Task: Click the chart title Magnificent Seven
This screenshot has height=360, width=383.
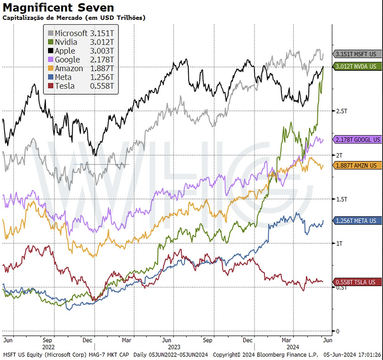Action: pos(58,7)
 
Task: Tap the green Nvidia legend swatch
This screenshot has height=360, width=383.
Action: pos(50,42)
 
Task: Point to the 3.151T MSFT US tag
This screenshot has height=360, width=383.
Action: pos(357,54)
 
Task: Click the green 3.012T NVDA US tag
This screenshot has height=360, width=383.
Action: pos(357,66)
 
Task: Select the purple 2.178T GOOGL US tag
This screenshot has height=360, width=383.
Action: pos(357,140)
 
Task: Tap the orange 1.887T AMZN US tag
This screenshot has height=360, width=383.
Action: pos(357,166)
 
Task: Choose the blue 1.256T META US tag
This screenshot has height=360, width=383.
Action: pos(357,221)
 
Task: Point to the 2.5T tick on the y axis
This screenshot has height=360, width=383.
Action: pos(342,111)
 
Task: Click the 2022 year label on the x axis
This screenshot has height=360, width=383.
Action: pos(48,346)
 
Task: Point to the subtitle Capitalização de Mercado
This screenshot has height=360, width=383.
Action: pos(74,18)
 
